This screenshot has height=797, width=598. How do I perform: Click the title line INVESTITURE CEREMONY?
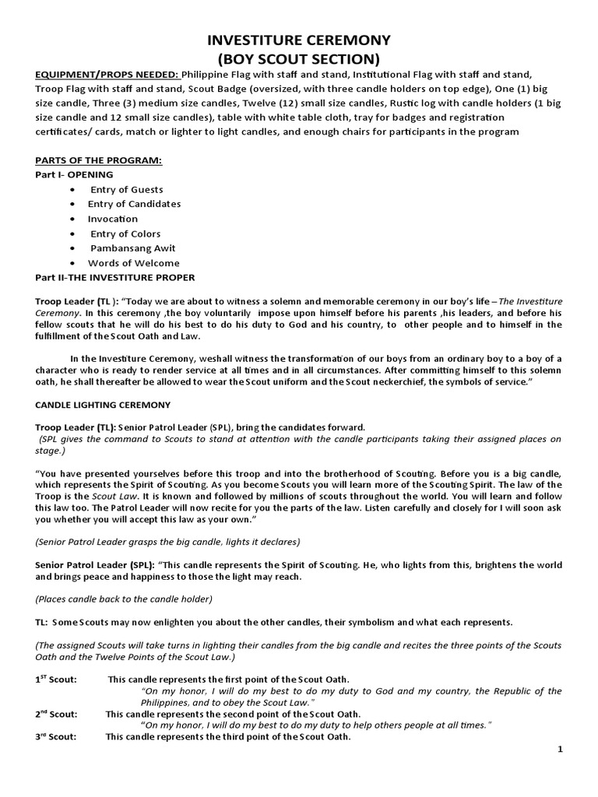298,40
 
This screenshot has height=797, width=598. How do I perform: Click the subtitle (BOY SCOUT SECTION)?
298,59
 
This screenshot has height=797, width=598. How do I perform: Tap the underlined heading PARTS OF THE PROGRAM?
98,160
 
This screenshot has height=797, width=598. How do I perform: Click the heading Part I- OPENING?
74,174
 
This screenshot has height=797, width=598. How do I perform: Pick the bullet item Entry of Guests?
127,189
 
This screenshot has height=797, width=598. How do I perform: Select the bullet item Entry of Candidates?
134,204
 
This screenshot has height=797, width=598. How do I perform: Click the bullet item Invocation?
113,219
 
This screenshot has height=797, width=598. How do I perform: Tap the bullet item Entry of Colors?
125,233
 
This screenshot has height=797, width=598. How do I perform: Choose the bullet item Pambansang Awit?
129,248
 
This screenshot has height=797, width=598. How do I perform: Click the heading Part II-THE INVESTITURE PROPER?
115,278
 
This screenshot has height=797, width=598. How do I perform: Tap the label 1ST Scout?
56,679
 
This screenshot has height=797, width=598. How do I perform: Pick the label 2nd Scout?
56,714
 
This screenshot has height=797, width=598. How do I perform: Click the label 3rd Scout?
56,737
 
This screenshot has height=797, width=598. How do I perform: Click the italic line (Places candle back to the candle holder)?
122,599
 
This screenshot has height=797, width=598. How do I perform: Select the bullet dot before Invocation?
72,219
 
